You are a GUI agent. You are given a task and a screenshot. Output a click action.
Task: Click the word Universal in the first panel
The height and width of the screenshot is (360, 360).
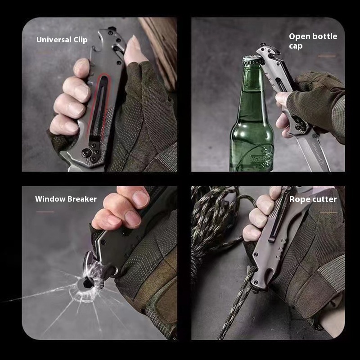click(x=54, y=40)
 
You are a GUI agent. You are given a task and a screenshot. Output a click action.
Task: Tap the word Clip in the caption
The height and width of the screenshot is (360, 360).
click(x=81, y=40)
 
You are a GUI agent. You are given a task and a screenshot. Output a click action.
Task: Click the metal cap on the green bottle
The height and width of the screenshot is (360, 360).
click(x=252, y=61)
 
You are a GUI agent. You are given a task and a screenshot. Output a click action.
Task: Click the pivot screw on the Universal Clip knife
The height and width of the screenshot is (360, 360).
click(x=86, y=153)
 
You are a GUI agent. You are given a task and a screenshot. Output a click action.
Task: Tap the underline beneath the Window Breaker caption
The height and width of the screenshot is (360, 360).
click(x=45, y=211)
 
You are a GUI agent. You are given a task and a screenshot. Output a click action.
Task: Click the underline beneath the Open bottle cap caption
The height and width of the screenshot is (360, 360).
click(x=327, y=56)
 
